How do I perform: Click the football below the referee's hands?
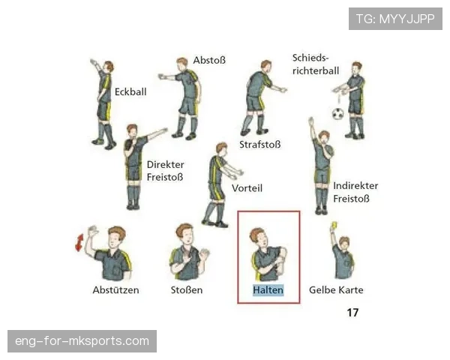coord(338,114)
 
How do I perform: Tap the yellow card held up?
coord(334,225)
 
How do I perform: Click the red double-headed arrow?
coord(79,242)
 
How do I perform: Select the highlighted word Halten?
coord(268,290)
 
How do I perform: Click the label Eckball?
coord(130,91)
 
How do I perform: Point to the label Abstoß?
coord(209,60)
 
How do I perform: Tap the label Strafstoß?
coord(260,145)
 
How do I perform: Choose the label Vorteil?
coord(247,188)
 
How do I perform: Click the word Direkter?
coord(165,164)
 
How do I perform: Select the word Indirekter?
coord(355,186)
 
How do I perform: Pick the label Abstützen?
coord(115,290)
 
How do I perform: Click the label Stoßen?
coord(187,290)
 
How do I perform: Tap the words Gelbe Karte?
coord(336,290)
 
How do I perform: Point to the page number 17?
coord(352,312)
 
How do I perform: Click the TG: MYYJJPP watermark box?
coord(395,19)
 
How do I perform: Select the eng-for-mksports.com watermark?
coord(82,341)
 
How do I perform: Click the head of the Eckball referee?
coord(109,67)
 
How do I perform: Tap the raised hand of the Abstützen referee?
coord(93,231)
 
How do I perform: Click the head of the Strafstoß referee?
coord(266,66)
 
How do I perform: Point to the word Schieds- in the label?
coord(310,58)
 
